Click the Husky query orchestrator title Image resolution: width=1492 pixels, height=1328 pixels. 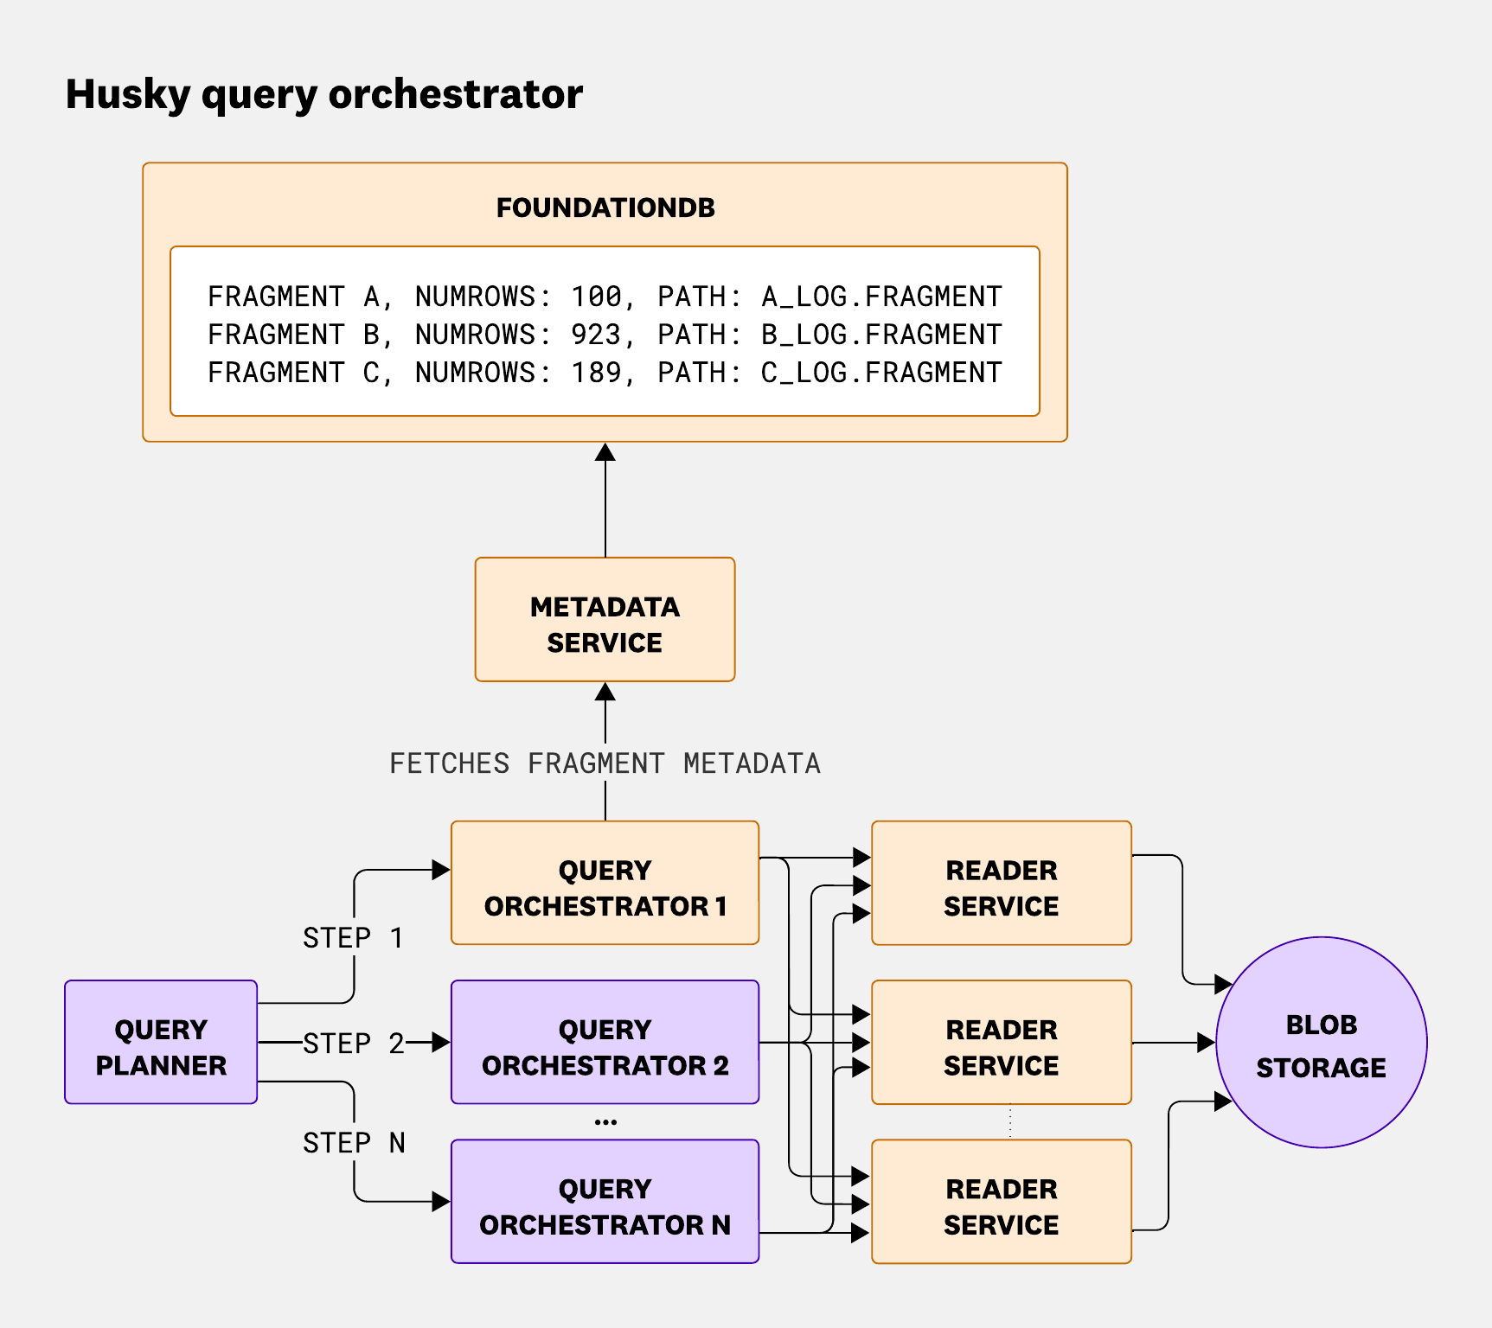pos(323,95)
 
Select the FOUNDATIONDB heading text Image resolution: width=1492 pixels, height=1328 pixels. pos(605,208)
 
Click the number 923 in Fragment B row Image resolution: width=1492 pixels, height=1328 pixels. pos(596,335)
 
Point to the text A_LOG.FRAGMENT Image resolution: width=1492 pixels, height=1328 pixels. pos(880,297)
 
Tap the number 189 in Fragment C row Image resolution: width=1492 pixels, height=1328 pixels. pos(596,373)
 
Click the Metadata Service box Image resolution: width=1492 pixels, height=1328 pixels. pos(605,620)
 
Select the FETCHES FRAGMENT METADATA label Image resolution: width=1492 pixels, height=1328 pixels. pos(605,763)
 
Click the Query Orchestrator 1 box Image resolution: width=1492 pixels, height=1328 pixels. pos(605,883)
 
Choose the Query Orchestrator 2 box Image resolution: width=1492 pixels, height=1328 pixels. pos(605,1042)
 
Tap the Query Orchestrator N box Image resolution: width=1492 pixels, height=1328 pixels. pos(605,1201)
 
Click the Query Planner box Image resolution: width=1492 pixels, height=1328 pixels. pos(161,1042)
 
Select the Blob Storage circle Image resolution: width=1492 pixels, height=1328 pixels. pos(1321,1043)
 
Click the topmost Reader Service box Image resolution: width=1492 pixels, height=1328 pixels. pos(1001,883)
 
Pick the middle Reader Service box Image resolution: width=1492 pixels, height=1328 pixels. pos(1001,1042)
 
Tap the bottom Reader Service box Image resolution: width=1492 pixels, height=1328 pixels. pos(1001,1201)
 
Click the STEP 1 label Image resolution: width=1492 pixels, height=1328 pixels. pos(353,938)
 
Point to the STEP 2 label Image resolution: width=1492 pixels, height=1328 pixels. pos(353,1044)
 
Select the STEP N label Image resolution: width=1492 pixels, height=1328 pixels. pos(353,1143)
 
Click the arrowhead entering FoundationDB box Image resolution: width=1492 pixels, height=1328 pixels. pos(605,452)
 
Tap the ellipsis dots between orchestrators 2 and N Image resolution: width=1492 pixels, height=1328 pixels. pos(605,1122)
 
